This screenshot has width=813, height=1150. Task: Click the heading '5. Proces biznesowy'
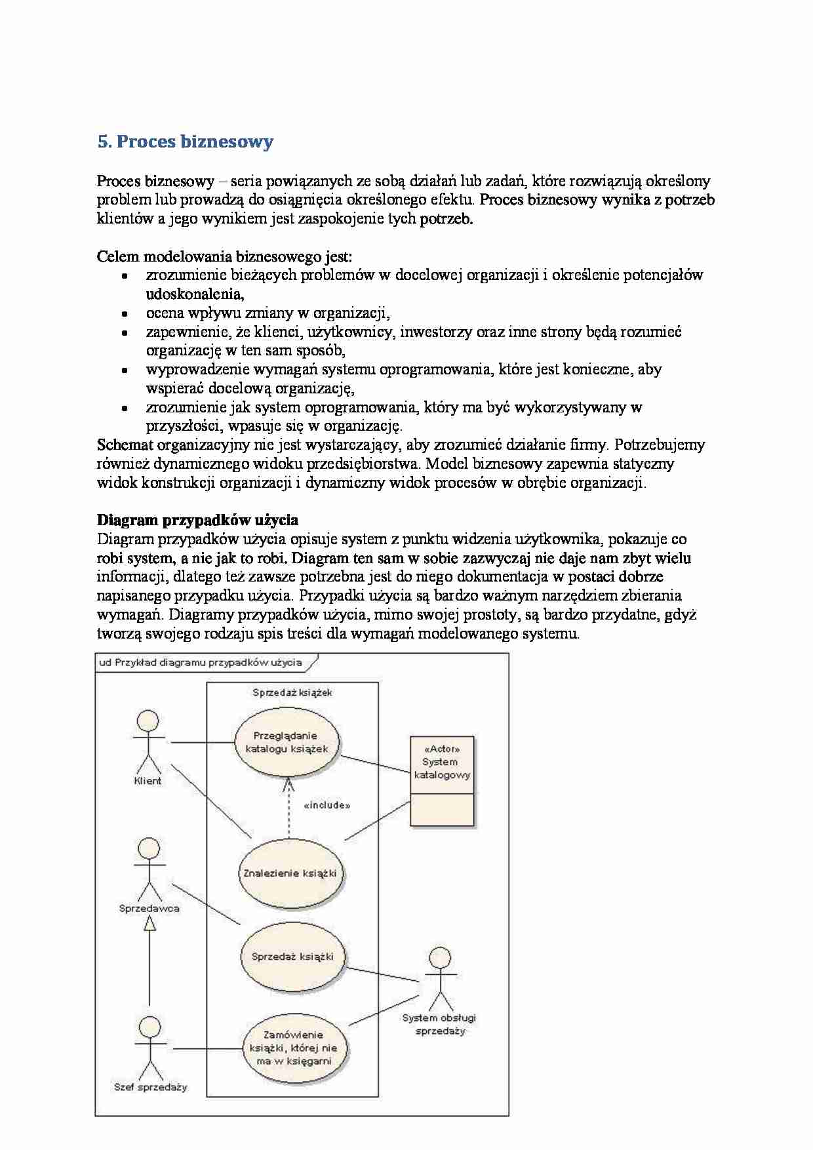pos(185,142)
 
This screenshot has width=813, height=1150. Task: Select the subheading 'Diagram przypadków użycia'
pos(197,520)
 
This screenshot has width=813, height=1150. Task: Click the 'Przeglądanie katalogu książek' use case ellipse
pos(286,742)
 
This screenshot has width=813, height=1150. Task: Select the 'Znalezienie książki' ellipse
pos(290,873)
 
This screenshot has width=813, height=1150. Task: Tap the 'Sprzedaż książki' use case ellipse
pos(292,956)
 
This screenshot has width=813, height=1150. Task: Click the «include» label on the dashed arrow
pos(327,805)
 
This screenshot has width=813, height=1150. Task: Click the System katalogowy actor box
pos(442,780)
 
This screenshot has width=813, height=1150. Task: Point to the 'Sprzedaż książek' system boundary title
pos(292,692)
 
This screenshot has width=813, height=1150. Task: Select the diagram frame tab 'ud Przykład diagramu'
pos(201,662)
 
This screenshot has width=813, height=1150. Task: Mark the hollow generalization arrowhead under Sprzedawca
pos(150,924)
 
